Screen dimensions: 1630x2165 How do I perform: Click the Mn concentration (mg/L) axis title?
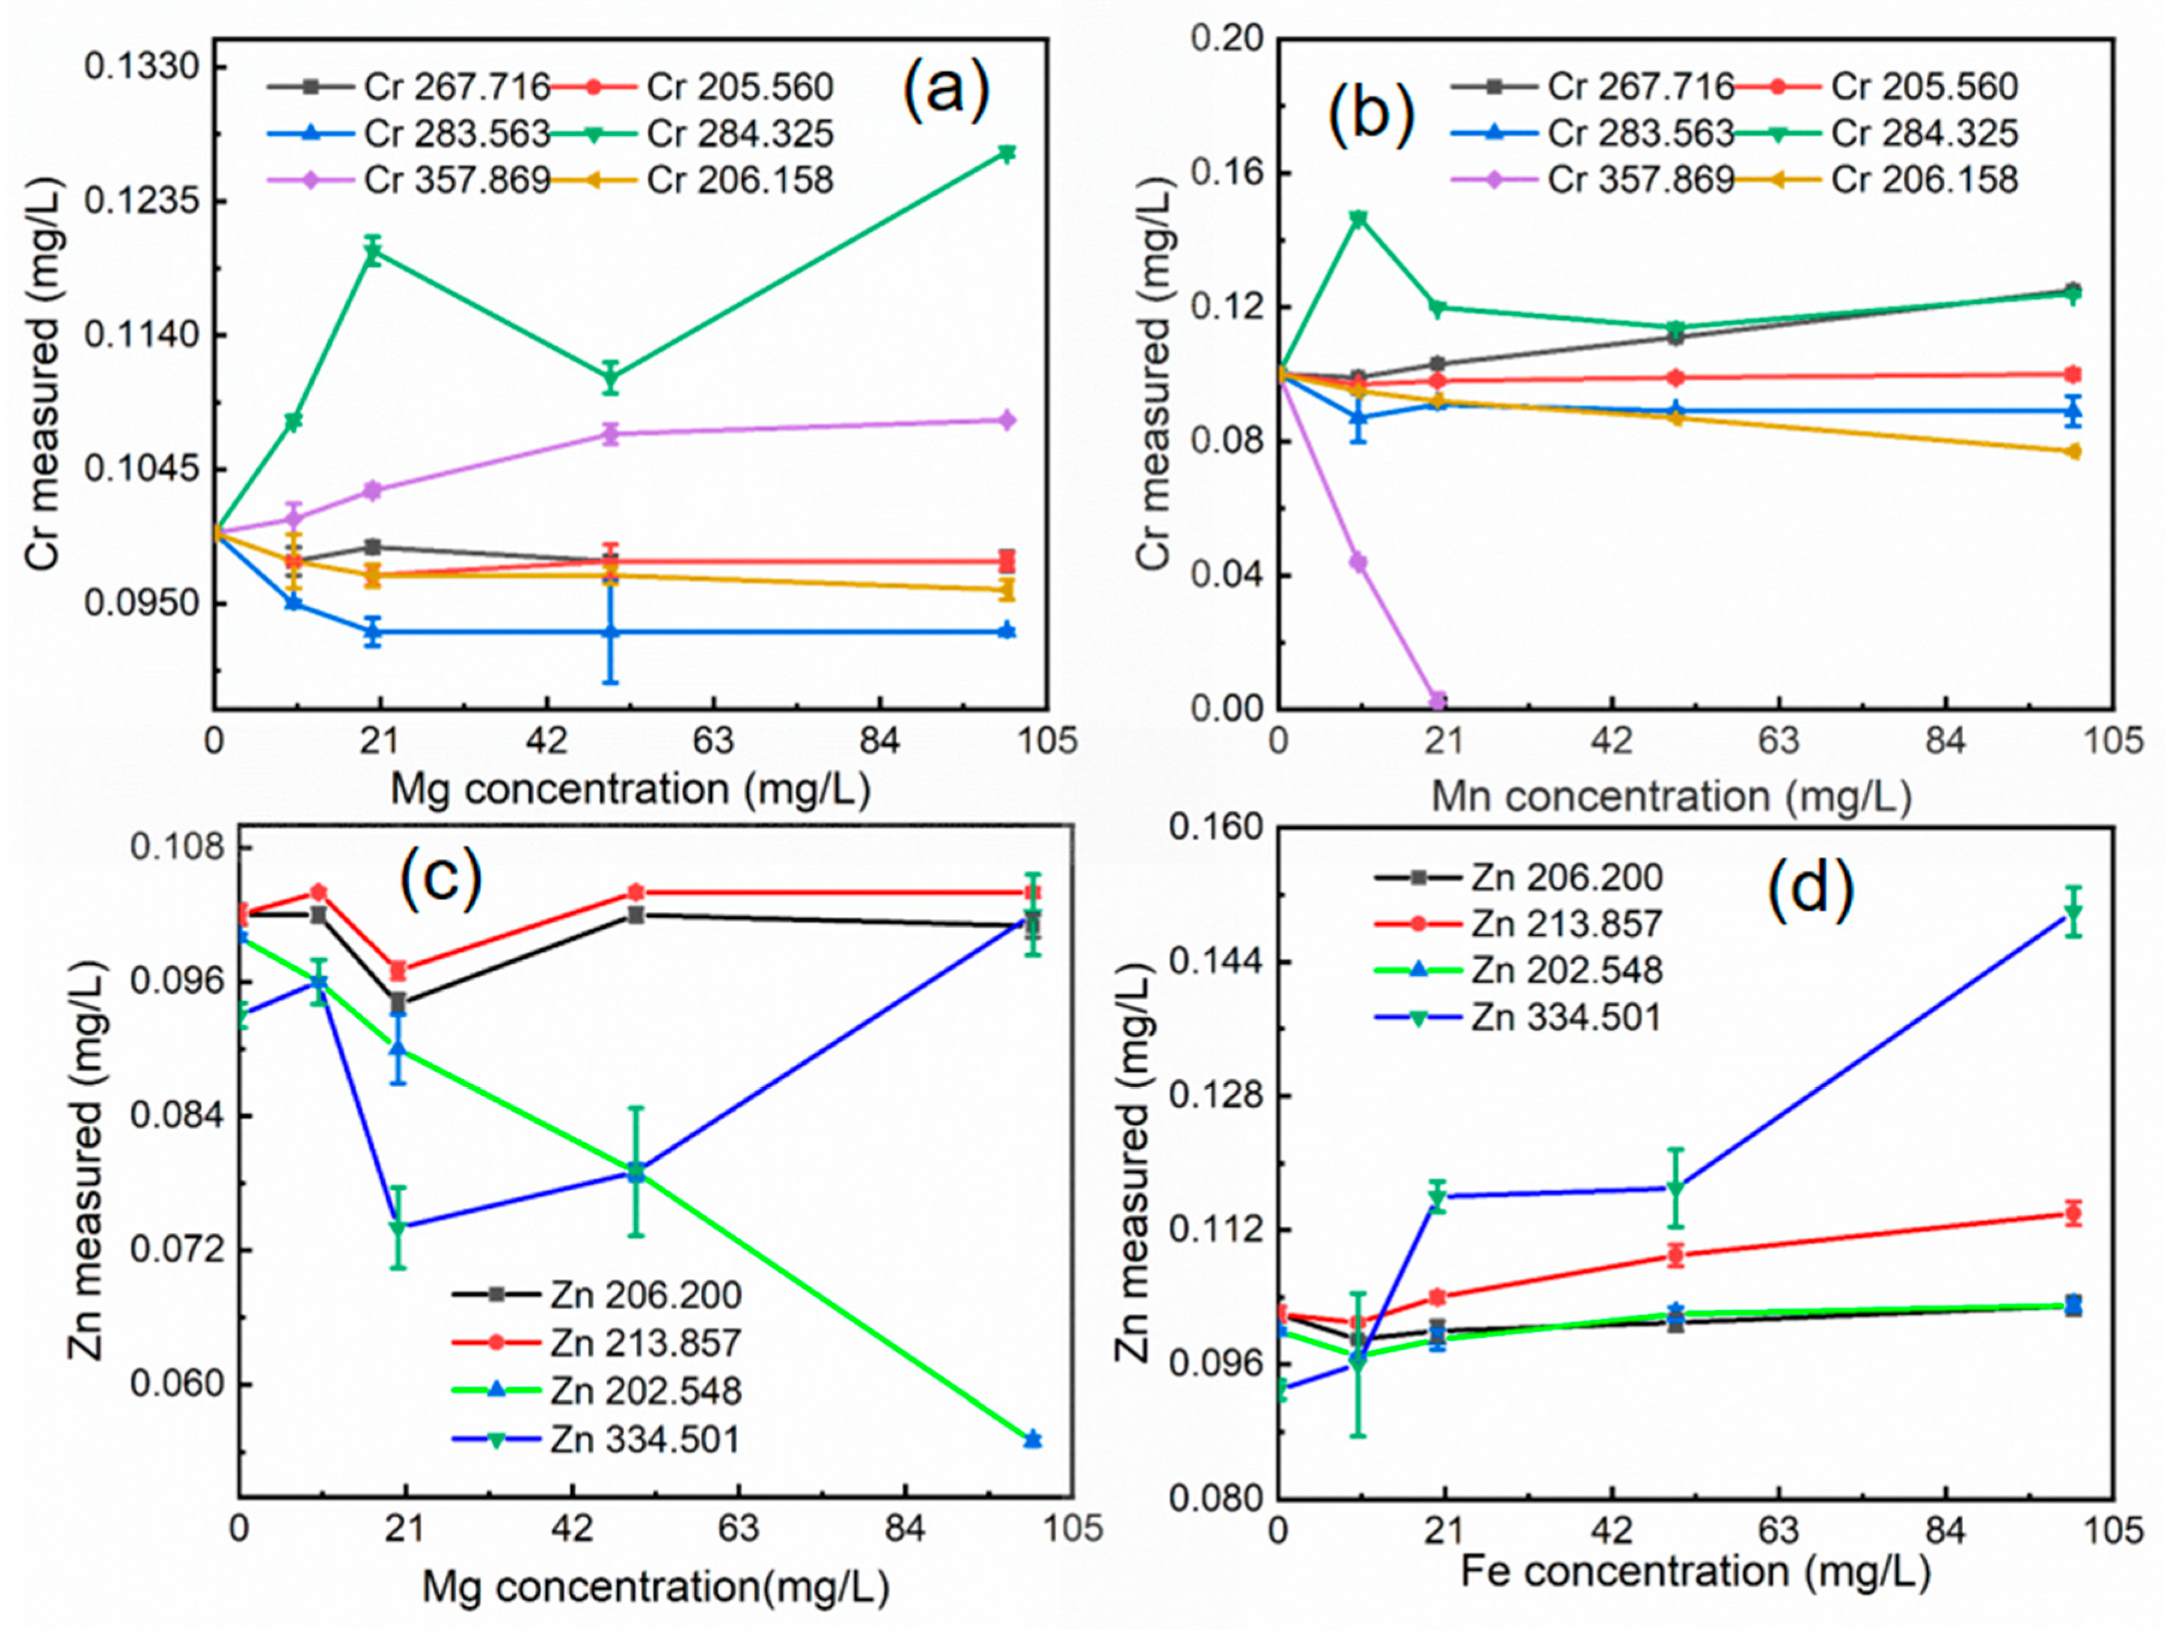click(x=1671, y=797)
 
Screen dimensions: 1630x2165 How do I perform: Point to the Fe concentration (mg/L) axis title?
click(x=1695, y=1571)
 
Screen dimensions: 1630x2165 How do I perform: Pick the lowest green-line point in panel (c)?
click(x=1032, y=1439)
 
